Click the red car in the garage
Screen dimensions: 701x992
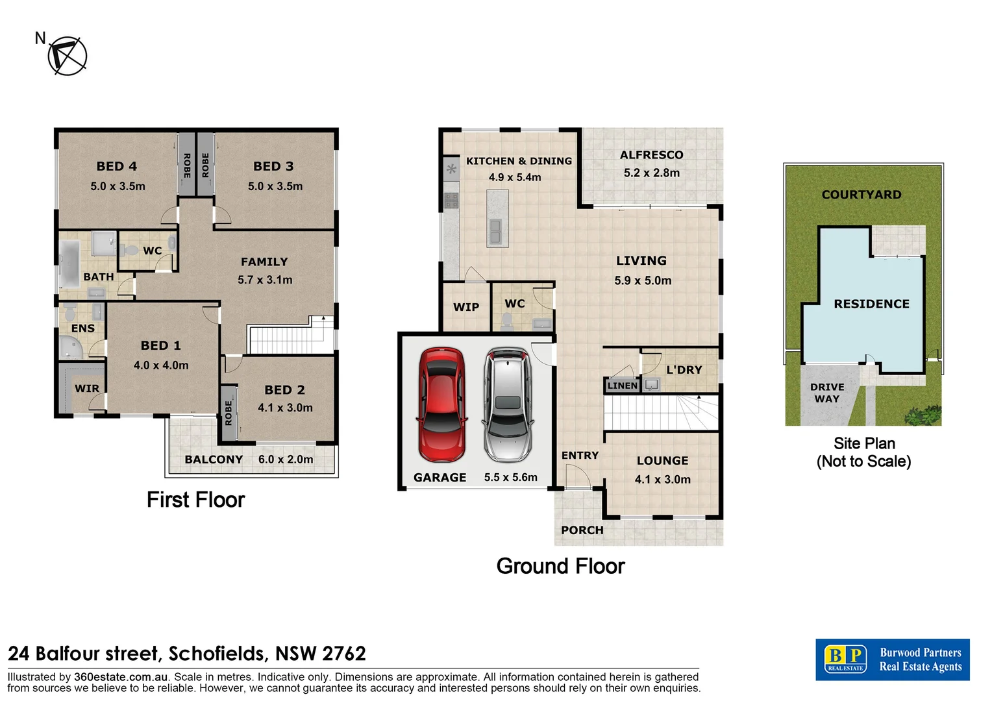(x=442, y=404)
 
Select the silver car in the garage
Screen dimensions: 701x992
(x=508, y=404)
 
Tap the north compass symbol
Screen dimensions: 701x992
(x=67, y=56)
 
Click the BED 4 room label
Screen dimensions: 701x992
(x=117, y=166)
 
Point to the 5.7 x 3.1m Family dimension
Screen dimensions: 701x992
(x=265, y=280)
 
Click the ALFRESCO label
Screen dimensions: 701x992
(x=651, y=155)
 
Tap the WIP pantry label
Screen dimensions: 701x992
(x=466, y=307)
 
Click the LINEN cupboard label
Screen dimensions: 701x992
(x=623, y=386)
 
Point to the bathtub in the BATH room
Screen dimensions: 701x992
(x=69, y=265)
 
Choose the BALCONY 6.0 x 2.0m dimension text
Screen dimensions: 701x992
(x=286, y=460)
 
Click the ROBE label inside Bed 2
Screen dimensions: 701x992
(x=229, y=413)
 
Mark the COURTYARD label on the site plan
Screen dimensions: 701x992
(x=862, y=195)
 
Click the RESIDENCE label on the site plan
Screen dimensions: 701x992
(x=871, y=304)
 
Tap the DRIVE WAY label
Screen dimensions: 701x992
(x=827, y=393)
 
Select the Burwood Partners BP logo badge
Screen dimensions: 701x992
(x=845, y=659)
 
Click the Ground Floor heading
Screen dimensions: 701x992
(x=560, y=566)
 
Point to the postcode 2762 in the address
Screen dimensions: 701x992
(x=344, y=653)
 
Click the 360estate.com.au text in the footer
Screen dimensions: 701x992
(x=121, y=677)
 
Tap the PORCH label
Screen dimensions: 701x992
(x=582, y=530)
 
